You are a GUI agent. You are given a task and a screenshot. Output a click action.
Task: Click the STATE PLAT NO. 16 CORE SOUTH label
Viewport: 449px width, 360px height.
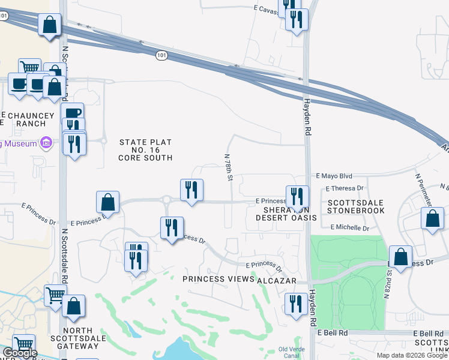(x=145, y=150)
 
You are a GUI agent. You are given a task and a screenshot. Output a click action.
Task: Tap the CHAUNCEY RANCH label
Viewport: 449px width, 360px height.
(x=23, y=119)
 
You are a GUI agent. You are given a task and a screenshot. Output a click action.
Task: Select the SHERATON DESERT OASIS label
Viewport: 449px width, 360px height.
(x=286, y=214)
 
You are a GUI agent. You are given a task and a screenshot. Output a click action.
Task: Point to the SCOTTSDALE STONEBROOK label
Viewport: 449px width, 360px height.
(x=356, y=206)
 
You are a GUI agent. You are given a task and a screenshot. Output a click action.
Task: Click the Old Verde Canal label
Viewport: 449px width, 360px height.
(x=292, y=352)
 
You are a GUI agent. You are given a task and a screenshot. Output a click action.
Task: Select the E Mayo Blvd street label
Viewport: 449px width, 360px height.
(x=334, y=176)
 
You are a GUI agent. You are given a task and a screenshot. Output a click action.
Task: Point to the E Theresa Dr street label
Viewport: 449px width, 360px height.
(x=345, y=188)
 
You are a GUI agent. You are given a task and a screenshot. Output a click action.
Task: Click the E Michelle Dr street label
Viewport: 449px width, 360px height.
(x=349, y=228)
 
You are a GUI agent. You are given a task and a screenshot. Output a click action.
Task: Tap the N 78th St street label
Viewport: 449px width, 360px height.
(x=229, y=167)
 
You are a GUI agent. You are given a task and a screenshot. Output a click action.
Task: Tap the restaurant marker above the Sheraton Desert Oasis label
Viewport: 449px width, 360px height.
(x=297, y=196)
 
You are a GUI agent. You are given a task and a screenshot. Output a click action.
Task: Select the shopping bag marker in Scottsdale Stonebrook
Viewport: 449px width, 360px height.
(x=432, y=220)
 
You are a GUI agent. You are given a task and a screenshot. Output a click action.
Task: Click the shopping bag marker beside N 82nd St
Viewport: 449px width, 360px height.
(x=400, y=256)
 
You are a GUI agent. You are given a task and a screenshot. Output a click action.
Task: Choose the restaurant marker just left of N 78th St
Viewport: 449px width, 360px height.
(x=191, y=190)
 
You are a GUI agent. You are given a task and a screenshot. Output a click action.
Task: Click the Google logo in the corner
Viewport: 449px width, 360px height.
(x=20, y=353)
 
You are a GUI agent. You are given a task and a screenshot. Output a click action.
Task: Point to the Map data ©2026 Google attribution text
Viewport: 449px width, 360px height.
(x=412, y=355)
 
